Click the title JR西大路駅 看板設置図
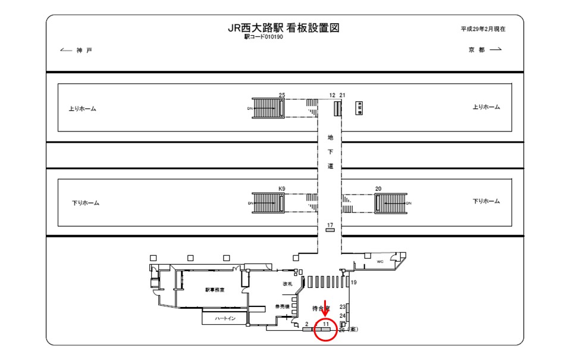click(x=284, y=27)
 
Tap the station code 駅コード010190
click(x=263, y=37)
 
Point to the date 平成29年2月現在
click(x=483, y=29)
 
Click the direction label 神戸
click(x=84, y=50)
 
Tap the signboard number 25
click(x=282, y=95)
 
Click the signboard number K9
click(x=282, y=189)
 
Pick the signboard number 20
click(x=378, y=189)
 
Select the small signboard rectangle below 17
click(x=330, y=230)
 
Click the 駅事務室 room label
click(x=215, y=290)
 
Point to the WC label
click(x=380, y=261)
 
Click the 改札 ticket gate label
click(x=288, y=284)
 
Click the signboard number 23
click(x=343, y=306)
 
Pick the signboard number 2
click(x=306, y=324)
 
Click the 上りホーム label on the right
click(x=486, y=107)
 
